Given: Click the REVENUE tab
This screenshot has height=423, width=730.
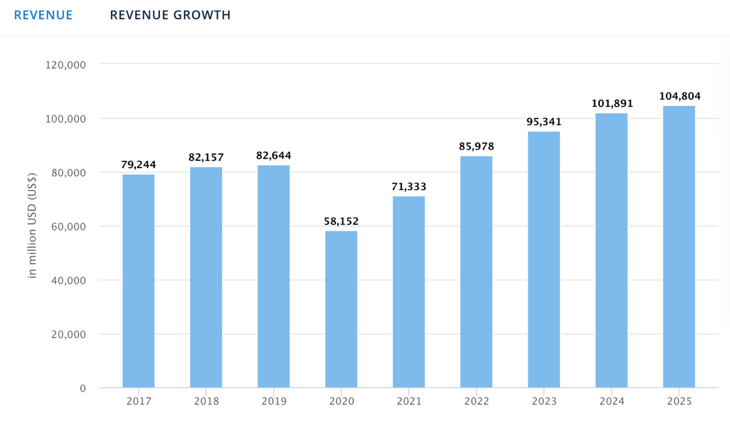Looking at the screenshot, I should [43, 15].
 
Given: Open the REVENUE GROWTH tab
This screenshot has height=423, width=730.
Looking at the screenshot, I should [171, 15].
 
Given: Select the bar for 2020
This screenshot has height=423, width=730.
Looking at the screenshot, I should [341, 309].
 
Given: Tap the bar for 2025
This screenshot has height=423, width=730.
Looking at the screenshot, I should [679, 246].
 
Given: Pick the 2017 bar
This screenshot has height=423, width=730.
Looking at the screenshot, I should [138, 281].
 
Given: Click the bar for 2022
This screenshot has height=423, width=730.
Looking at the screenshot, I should [476, 271].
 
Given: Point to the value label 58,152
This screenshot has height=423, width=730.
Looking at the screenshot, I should [341, 221].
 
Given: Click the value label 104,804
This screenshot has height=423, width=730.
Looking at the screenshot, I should [679, 96].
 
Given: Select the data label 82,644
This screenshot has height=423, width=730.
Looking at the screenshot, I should [274, 156].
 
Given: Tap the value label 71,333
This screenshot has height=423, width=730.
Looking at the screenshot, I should [409, 186].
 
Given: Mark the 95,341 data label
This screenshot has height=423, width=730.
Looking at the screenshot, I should [544, 122].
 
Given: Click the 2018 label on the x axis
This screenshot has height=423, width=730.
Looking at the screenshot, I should [206, 401].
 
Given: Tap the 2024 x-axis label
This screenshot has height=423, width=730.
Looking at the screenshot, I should [612, 401].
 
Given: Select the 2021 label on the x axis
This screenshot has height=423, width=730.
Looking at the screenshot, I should [409, 401].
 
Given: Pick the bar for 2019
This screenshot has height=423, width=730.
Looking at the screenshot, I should [274, 276].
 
